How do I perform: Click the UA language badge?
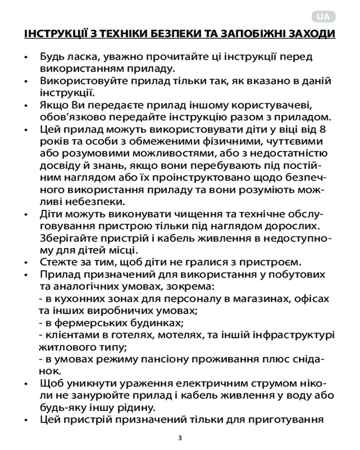(x=323, y=17)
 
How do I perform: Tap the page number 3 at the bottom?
(x=180, y=437)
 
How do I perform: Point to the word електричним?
(x=207, y=384)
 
